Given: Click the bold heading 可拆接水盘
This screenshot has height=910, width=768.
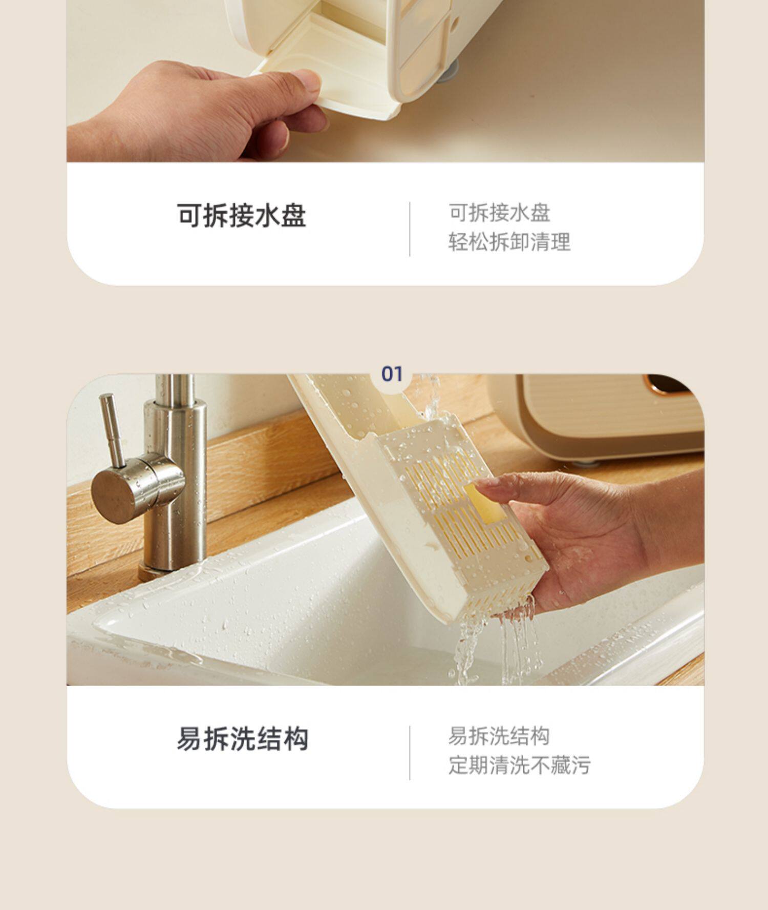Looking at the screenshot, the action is (x=242, y=215).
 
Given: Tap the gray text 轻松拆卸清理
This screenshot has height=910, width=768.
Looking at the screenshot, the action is (x=509, y=242).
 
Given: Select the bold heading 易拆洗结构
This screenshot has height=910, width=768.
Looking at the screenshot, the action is (x=243, y=739).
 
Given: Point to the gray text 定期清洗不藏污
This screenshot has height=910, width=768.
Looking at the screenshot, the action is (x=520, y=766).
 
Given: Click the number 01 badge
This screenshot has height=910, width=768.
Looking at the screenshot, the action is (x=392, y=374).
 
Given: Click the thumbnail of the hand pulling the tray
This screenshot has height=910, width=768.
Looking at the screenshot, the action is (x=385, y=81).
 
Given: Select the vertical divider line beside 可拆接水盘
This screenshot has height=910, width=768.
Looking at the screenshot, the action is (x=410, y=229).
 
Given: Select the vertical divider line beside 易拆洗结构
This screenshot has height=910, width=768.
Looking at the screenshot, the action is (x=410, y=753).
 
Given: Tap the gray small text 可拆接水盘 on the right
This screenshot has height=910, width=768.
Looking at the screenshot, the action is (x=499, y=213).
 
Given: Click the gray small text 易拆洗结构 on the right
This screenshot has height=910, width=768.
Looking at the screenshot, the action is (x=499, y=736).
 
